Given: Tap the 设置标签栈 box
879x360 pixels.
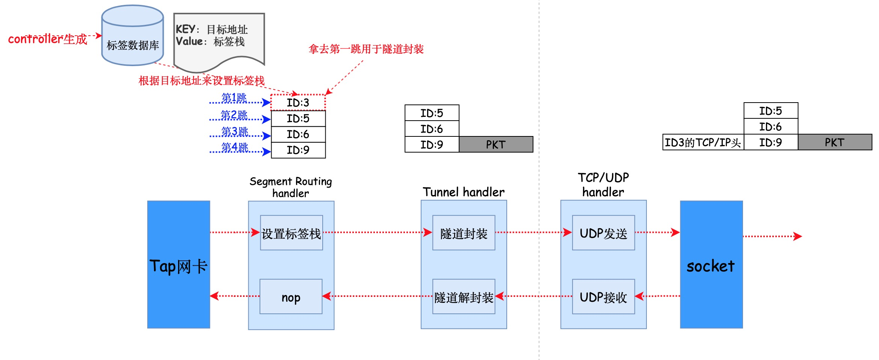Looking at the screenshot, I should (x=291, y=233).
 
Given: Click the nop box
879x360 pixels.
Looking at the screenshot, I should (x=291, y=297).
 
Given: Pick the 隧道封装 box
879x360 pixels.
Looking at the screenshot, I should (x=464, y=233).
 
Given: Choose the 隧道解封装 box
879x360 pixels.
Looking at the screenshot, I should (x=464, y=297).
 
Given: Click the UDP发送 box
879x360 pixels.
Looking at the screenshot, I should (x=603, y=233).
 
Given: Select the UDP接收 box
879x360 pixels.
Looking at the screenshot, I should (x=603, y=297).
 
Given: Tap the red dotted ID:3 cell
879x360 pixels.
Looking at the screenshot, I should (x=298, y=103).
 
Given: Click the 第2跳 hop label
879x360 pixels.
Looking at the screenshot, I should (x=234, y=115).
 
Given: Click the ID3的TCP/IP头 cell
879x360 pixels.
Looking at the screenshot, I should (x=703, y=142).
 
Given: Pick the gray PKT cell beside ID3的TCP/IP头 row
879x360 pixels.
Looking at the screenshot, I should (x=834, y=142).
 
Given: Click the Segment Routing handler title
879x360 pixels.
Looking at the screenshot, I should (x=291, y=187).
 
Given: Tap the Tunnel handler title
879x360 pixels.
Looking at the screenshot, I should (x=464, y=192).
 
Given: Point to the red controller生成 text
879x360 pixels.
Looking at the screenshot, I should (x=47, y=39).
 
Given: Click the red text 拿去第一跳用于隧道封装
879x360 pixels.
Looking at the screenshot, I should (x=366, y=49).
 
